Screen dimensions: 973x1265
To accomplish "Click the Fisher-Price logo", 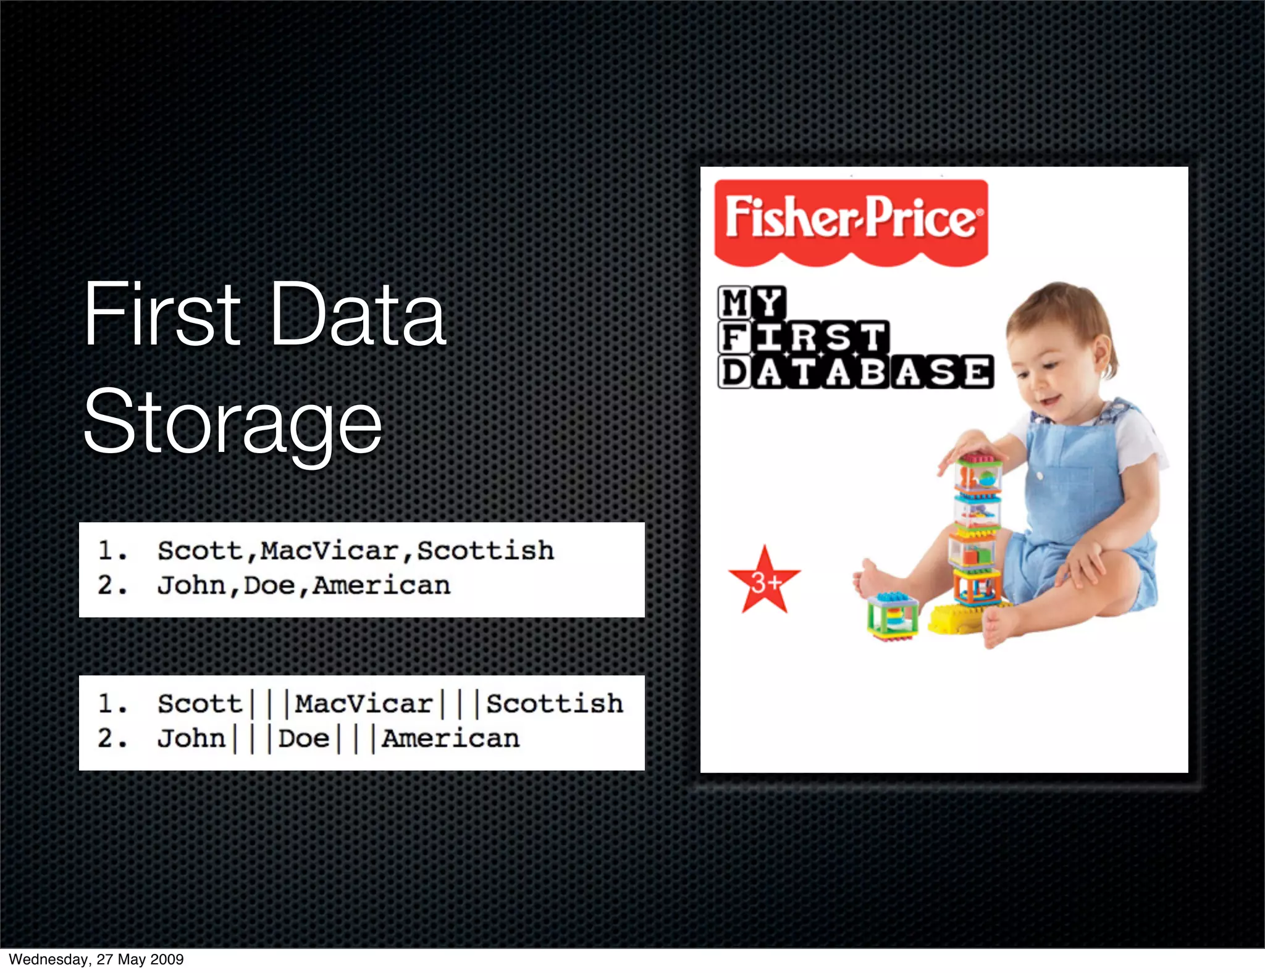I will [x=851, y=219].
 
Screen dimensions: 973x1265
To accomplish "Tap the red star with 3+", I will [x=765, y=580].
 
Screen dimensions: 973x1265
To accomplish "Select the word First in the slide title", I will [x=162, y=314].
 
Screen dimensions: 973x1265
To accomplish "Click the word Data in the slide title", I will [x=358, y=314].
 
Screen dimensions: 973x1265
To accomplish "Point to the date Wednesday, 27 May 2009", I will [x=96, y=959].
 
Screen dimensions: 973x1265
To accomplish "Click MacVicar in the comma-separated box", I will [x=329, y=551].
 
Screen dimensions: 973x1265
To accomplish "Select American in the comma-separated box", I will [x=381, y=585].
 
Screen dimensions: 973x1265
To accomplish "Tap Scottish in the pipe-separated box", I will [x=554, y=704].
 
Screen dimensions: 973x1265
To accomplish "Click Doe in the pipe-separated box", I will [x=303, y=738].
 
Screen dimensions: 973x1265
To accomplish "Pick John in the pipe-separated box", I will [x=191, y=738].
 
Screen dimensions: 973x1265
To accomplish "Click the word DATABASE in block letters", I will [x=855, y=372].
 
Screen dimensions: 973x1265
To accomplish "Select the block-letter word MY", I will [x=752, y=303].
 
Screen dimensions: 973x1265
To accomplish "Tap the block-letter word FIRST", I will [x=804, y=337].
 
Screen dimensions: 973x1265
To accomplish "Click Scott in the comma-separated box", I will [x=200, y=551].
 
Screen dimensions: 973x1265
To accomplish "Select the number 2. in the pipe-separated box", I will [x=112, y=738].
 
